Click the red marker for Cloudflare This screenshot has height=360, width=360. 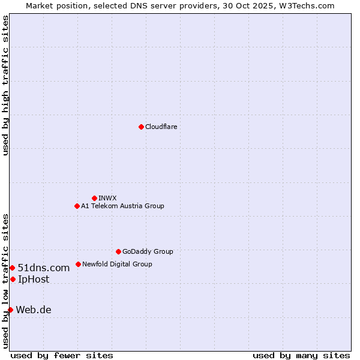point(141,127)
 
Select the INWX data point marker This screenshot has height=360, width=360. point(94,198)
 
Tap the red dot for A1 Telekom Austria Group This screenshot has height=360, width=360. point(77,206)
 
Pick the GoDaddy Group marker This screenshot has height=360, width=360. point(118,251)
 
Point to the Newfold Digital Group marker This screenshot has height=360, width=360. point(78,264)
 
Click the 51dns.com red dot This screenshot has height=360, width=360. point(12,268)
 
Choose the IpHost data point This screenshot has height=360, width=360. point(13,279)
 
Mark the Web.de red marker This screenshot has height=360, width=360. point(10,310)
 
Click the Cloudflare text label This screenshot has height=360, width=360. point(161,127)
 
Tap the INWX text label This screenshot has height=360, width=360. point(107,198)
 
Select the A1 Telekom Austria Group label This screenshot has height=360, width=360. point(122,206)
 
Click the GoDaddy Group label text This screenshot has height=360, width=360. point(148,251)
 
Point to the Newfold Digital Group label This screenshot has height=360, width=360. point(117,264)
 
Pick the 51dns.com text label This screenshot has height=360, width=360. point(44,268)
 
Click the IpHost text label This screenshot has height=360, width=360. point(34,279)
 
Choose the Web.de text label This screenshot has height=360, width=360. point(34,310)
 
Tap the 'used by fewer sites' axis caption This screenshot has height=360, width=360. point(62,355)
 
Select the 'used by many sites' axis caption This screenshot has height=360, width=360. point(301,355)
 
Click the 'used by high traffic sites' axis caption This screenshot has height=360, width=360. point(5,85)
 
